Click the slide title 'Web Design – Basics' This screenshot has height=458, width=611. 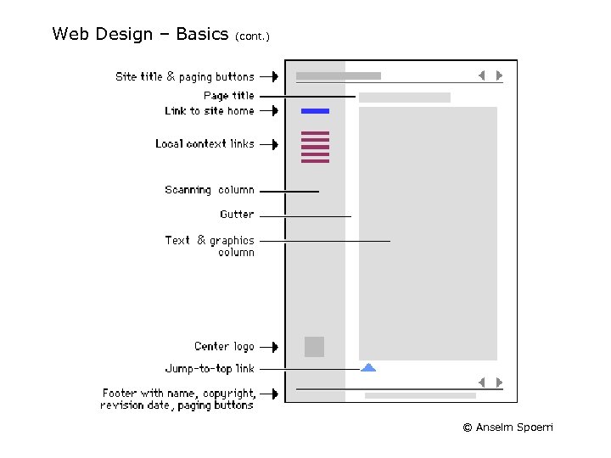click(140, 34)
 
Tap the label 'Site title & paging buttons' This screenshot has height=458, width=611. click(184, 76)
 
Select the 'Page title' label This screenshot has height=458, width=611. click(228, 96)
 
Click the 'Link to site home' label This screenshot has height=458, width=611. click(209, 111)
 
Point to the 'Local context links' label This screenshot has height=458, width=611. click(205, 144)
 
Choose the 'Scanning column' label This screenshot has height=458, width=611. click(209, 190)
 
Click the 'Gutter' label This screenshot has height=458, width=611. click(237, 215)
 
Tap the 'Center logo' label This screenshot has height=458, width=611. click(224, 346)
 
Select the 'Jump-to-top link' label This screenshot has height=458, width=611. click(209, 369)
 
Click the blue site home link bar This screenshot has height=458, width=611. click(315, 111)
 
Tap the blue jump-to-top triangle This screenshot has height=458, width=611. click(368, 367)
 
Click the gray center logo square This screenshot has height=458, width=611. click(314, 347)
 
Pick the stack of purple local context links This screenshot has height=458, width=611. click(315, 147)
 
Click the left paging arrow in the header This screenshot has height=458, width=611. click(481, 75)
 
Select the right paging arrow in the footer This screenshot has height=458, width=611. click(499, 383)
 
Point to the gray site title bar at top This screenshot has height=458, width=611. click(338, 76)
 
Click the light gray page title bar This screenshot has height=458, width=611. click(404, 98)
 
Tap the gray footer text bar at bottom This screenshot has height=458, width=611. click(420, 395)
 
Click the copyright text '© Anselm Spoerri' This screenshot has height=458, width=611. click(507, 427)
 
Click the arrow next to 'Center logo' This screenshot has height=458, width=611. click(269, 347)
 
